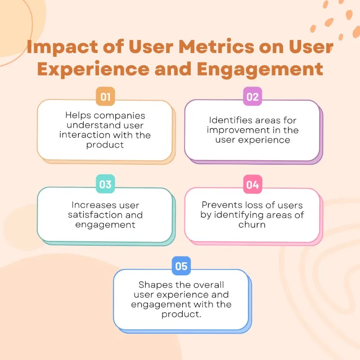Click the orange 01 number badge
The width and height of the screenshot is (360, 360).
pos(105,96)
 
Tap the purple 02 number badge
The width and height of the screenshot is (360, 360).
pos(252,96)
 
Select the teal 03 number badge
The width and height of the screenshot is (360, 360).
pos(105,184)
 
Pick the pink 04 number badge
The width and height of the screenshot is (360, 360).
pos(252,184)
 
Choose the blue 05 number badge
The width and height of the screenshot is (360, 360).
pos(181,266)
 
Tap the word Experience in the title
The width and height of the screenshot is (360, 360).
pos(93,70)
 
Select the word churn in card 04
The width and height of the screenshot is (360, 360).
pos(252,225)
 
